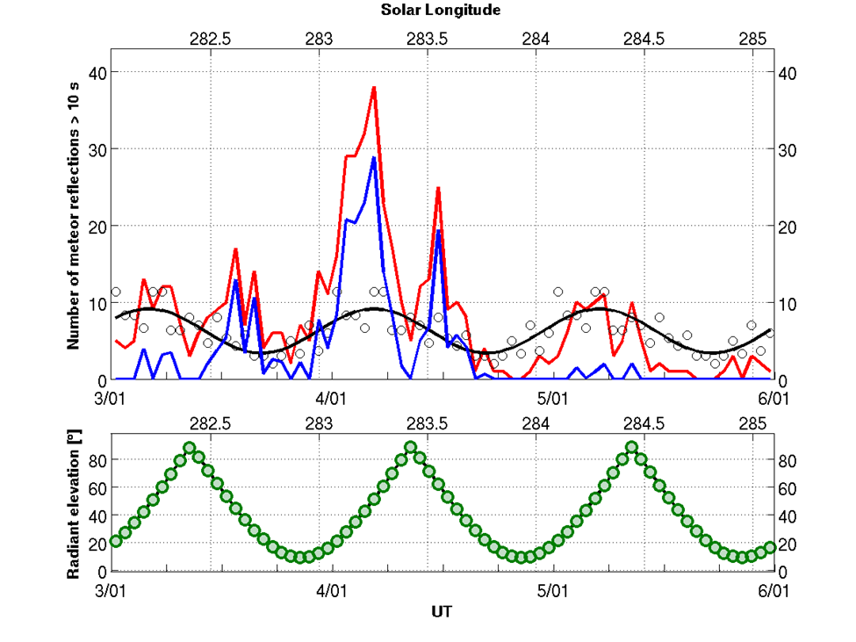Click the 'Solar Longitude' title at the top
click(441, 11)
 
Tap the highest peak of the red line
click(373, 87)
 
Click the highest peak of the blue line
click(373, 158)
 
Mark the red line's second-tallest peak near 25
click(437, 188)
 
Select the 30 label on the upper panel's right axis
click(788, 149)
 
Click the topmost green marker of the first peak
click(190, 448)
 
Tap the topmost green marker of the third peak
click(631, 448)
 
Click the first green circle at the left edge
click(115, 541)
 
